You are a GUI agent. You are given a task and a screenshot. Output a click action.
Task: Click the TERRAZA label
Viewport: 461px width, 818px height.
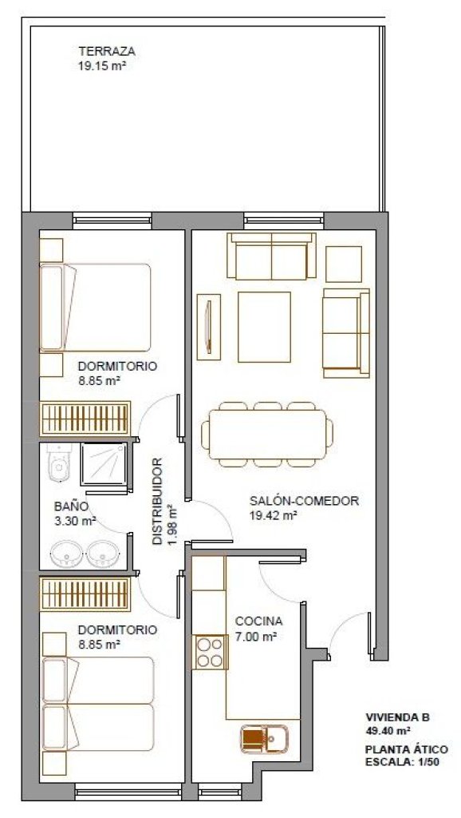107,51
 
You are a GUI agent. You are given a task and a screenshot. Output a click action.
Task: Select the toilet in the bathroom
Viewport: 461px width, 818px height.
58,463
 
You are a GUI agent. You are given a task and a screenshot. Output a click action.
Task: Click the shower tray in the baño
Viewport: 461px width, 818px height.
104,464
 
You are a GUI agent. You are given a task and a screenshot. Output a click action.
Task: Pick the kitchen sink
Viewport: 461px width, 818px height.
264,738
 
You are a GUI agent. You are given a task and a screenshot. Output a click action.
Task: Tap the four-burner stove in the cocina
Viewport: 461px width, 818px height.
210,652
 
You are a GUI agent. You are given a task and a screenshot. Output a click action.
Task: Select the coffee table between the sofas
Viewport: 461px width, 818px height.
264,327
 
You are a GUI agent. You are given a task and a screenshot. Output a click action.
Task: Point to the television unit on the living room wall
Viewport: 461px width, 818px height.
208,327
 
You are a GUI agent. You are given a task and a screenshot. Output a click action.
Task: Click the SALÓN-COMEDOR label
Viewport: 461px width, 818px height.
304,502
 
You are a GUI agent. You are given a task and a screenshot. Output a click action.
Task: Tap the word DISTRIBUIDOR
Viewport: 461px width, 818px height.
158,502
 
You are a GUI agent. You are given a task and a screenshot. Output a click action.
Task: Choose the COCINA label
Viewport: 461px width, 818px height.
259,621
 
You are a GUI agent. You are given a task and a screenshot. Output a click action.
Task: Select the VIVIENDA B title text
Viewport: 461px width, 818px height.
397,717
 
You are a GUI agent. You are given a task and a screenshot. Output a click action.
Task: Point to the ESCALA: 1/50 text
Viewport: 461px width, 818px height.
403,760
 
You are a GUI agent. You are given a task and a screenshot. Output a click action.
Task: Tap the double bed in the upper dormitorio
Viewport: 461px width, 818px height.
96,308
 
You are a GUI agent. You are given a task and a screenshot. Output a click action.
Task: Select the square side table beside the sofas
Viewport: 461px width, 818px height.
344,264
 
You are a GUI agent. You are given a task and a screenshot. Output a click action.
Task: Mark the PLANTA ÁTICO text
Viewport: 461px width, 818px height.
406,749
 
